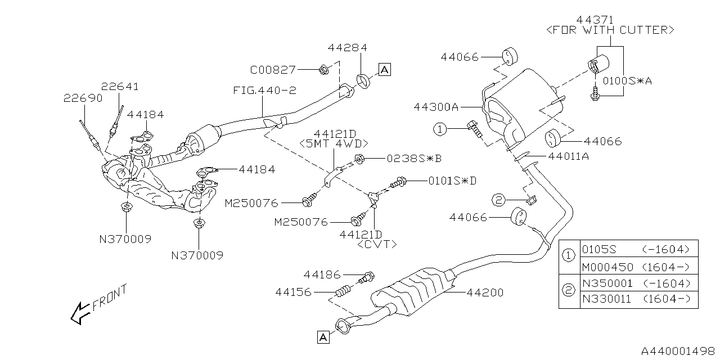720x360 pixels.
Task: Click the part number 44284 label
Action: [347, 48]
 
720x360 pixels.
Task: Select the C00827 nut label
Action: [273, 70]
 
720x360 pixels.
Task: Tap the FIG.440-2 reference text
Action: [264, 91]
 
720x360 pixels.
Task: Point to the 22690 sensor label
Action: [83, 98]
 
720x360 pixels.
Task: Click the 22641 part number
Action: [120, 87]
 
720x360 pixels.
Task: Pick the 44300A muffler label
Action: [436, 107]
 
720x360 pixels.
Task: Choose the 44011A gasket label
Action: [568, 156]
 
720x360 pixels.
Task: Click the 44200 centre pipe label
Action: [485, 292]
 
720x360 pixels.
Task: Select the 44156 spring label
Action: [293, 292]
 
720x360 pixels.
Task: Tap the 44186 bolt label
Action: [322, 275]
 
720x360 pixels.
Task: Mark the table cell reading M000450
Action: [607, 267]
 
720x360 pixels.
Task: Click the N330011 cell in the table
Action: [606, 299]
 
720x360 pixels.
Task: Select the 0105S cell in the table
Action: [599, 249]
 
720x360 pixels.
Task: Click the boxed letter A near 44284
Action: [385, 69]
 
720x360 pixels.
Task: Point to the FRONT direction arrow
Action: [80, 313]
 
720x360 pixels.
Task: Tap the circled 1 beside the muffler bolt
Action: [440, 129]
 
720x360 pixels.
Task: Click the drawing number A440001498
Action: [678, 350]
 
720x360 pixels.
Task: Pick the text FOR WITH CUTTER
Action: [610, 30]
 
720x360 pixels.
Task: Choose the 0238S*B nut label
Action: [414, 159]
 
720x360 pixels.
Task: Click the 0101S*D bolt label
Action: [452, 181]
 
